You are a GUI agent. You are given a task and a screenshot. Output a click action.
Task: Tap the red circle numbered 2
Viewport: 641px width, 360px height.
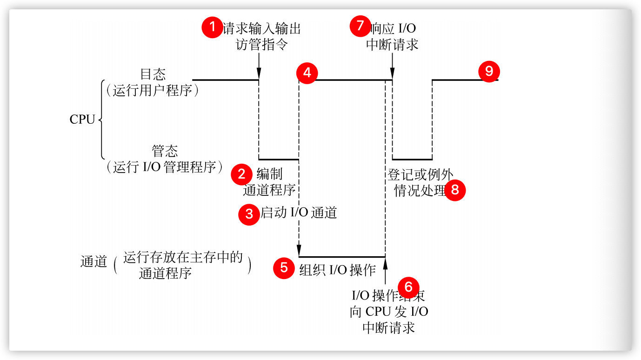[241, 174]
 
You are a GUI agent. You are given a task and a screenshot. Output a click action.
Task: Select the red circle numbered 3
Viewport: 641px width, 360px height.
[249, 214]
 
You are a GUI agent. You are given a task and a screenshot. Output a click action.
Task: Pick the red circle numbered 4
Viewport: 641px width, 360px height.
[307, 73]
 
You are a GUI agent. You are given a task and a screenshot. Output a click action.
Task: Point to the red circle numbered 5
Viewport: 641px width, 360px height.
[284, 268]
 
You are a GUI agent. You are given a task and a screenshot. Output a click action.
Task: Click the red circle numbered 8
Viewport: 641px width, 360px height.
[455, 190]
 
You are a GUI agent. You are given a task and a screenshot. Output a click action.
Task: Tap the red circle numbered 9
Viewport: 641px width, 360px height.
[489, 72]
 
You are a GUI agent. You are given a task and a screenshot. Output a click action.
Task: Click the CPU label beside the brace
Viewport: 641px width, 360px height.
[82, 120]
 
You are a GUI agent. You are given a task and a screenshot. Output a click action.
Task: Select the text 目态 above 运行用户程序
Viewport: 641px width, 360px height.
[153, 74]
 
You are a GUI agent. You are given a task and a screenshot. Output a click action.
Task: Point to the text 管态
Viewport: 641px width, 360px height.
[165, 152]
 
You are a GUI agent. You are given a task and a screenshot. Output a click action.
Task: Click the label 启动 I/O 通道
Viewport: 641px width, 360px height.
[298, 213]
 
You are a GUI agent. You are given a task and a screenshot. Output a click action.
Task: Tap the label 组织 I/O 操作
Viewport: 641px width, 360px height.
[337, 270]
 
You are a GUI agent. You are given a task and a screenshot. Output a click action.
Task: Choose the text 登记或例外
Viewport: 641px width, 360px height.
[420, 175]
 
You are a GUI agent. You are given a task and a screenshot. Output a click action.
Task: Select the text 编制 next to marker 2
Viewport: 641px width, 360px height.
[269, 174]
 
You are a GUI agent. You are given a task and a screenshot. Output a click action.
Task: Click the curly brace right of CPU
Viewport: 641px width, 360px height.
[101, 120]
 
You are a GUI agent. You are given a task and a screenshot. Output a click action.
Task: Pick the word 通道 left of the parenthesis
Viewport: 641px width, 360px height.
[94, 262]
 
